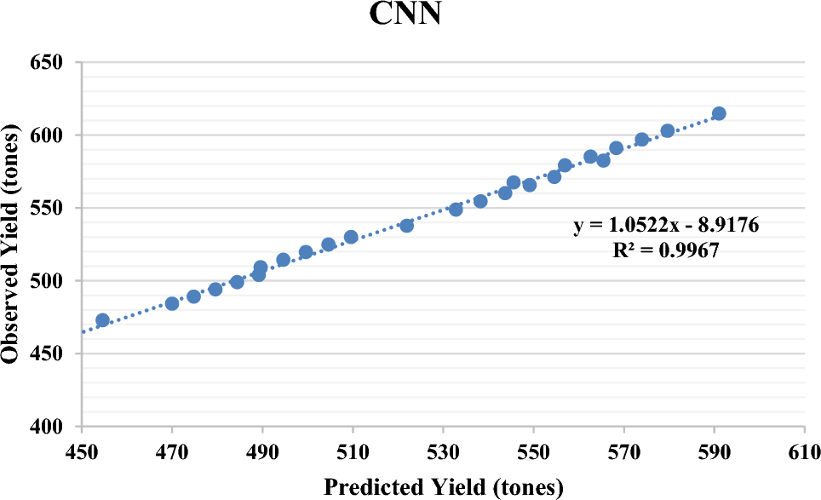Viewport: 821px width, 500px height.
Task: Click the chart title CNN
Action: point(405,14)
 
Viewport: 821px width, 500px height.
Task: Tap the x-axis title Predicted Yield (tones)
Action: point(443,487)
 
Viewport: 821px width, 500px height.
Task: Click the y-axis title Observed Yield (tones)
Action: point(13,244)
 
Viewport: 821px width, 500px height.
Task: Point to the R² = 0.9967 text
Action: point(665,250)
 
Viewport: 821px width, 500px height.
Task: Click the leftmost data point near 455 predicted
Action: point(103,320)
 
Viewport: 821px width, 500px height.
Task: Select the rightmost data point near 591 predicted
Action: point(719,113)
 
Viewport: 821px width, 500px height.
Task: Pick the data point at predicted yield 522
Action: point(407,225)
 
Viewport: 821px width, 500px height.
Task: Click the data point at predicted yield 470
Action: point(172,303)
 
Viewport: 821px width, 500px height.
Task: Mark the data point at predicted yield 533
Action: point(456,209)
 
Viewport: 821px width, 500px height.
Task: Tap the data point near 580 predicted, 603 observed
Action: point(668,130)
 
